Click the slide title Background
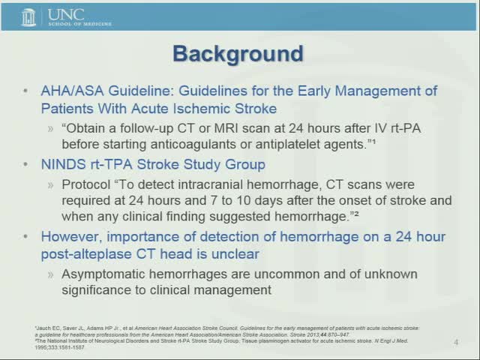click(238, 54)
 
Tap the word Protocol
click(86, 184)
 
